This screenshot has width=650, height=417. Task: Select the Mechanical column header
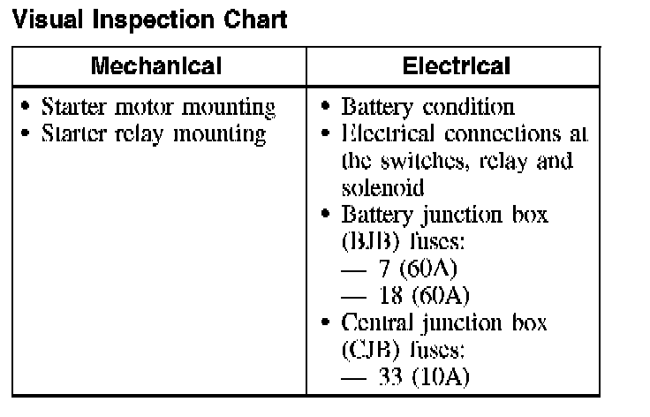click(x=157, y=66)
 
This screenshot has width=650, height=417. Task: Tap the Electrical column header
click(x=456, y=66)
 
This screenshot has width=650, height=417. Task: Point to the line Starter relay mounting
click(x=155, y=134)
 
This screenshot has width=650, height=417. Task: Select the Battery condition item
click(x=427, y=108)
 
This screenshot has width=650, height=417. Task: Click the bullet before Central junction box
click(x=327, y=323)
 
